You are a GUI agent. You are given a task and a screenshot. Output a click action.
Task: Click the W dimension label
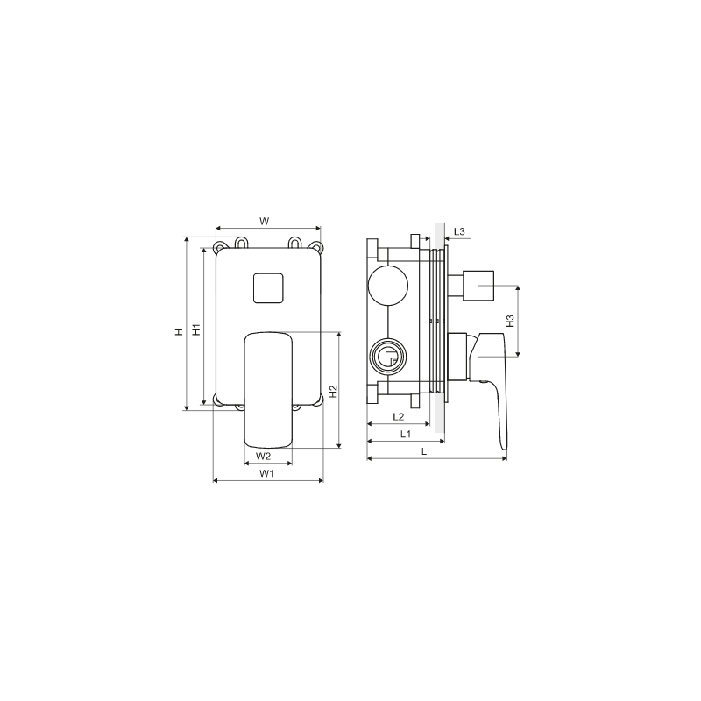click(265, 222)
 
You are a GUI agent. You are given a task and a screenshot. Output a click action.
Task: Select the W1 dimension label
click(267, 473)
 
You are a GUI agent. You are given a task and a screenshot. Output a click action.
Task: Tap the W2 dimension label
click(264, 457)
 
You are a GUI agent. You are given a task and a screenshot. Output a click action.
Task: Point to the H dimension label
click(180, 332)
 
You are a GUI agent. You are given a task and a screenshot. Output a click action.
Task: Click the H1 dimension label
click(196, 329)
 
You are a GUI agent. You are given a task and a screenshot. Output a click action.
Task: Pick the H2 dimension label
click(334, 392)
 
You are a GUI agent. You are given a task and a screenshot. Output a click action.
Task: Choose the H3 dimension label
click(511, 321)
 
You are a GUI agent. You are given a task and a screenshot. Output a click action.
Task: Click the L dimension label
click(424, 451)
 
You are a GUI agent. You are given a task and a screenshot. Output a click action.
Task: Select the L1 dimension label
click(406, 434)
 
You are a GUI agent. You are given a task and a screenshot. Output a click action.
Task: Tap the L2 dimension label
click(399, 417)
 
